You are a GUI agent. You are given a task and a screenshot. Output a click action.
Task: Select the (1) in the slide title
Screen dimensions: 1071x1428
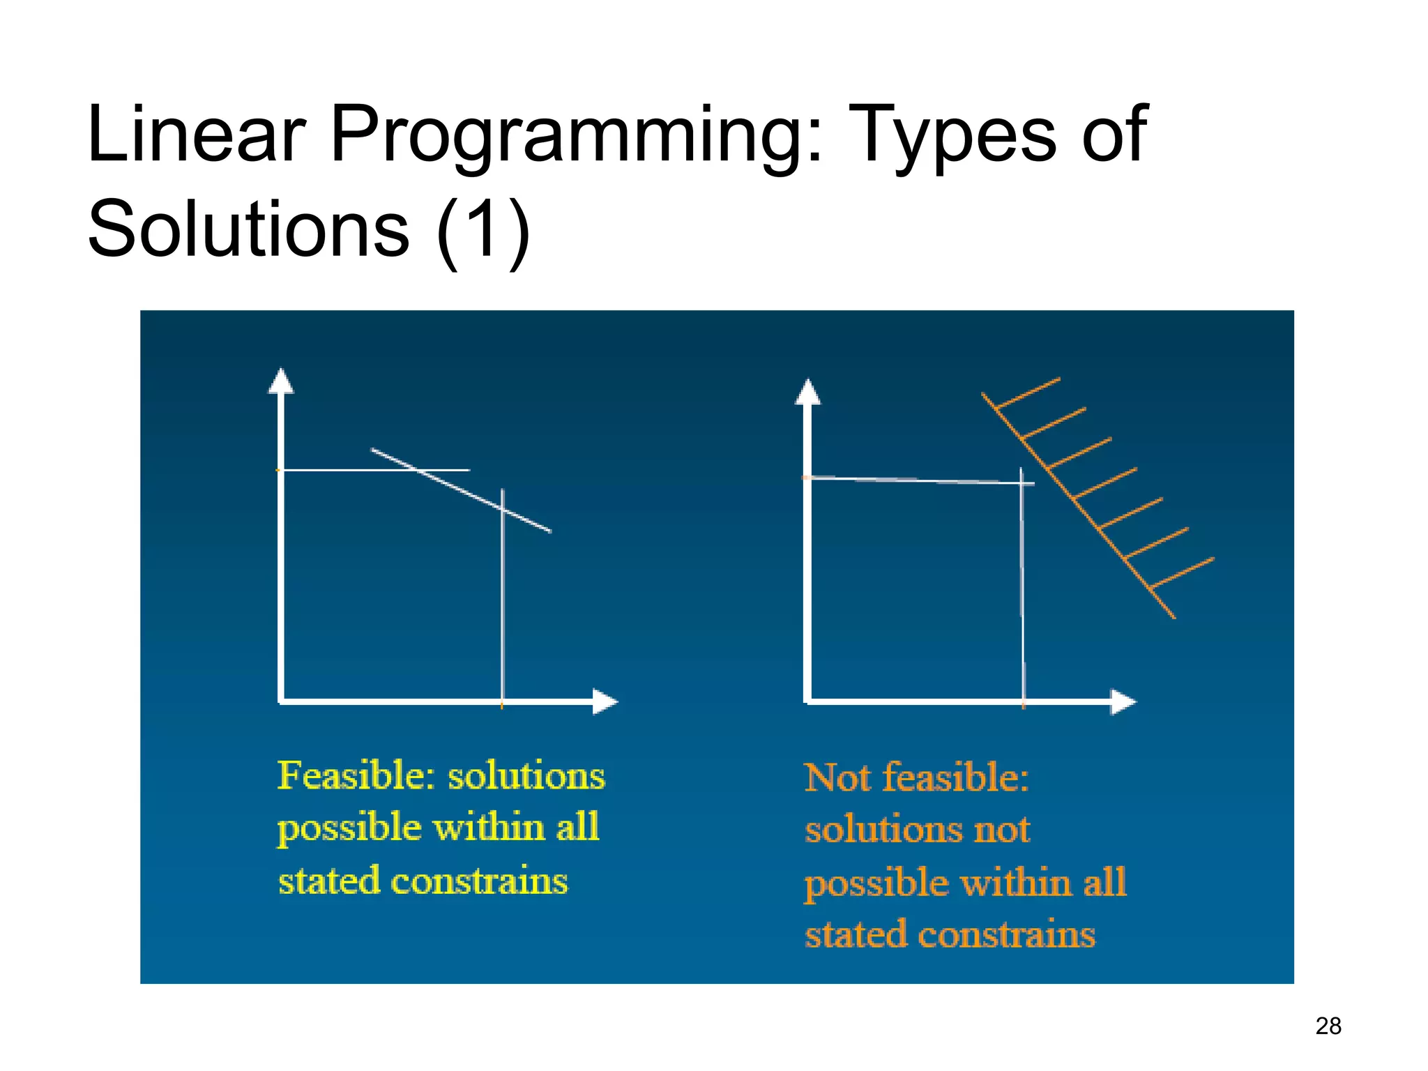pos(483,230)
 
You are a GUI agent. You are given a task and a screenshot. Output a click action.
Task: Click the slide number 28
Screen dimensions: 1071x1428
pos(1328,1026)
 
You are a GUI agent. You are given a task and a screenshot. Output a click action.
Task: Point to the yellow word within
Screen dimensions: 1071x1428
pos(488,828)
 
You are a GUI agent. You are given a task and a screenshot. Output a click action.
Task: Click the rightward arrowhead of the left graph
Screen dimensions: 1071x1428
pos(605,701)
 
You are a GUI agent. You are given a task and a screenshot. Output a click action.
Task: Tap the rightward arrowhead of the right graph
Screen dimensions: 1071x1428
pos(1123,701)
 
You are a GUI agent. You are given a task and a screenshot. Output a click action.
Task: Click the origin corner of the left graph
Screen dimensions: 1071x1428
pos(281,701)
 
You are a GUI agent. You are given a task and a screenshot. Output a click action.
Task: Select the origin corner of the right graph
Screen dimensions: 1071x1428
pos(807,701)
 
